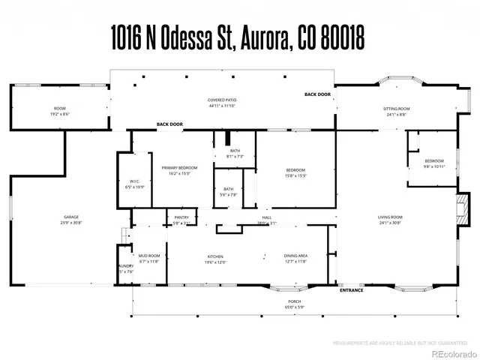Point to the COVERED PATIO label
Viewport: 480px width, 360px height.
click(222, 100)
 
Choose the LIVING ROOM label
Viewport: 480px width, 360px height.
click(389, 217)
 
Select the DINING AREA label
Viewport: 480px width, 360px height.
click(296, 256)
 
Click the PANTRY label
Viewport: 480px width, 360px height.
click(181, 217)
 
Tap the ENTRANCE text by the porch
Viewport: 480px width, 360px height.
click(352, 290)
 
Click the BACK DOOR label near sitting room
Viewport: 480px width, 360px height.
click(317, 94)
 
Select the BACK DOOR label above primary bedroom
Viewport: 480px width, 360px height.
click(169, 124)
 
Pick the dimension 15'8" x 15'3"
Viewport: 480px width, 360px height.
click(295, 175)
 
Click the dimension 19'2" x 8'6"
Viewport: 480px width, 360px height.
click(60, 113)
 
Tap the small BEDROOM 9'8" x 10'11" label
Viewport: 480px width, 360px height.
click(434, 162)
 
